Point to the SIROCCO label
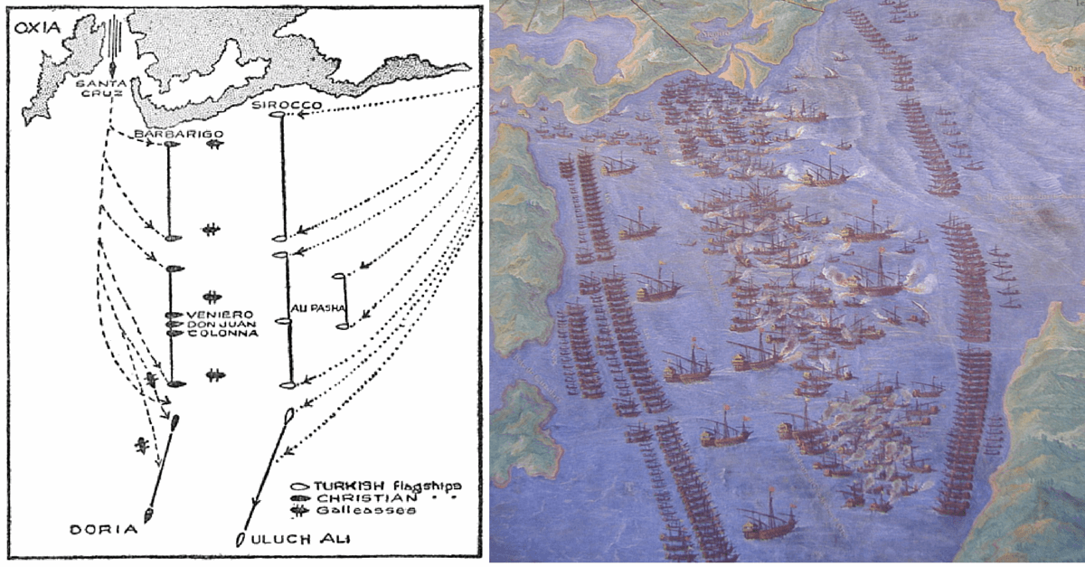click(277, 106)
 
